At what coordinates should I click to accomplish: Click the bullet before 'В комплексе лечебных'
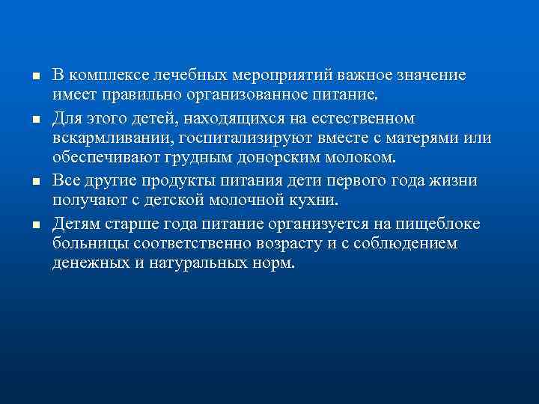click(x=25, y=77)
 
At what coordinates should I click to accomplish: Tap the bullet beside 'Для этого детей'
click(x=25, y=120)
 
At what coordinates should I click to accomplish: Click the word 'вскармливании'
click(x=100, y=139)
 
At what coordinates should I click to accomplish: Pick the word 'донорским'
click(x=246, y=160)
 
